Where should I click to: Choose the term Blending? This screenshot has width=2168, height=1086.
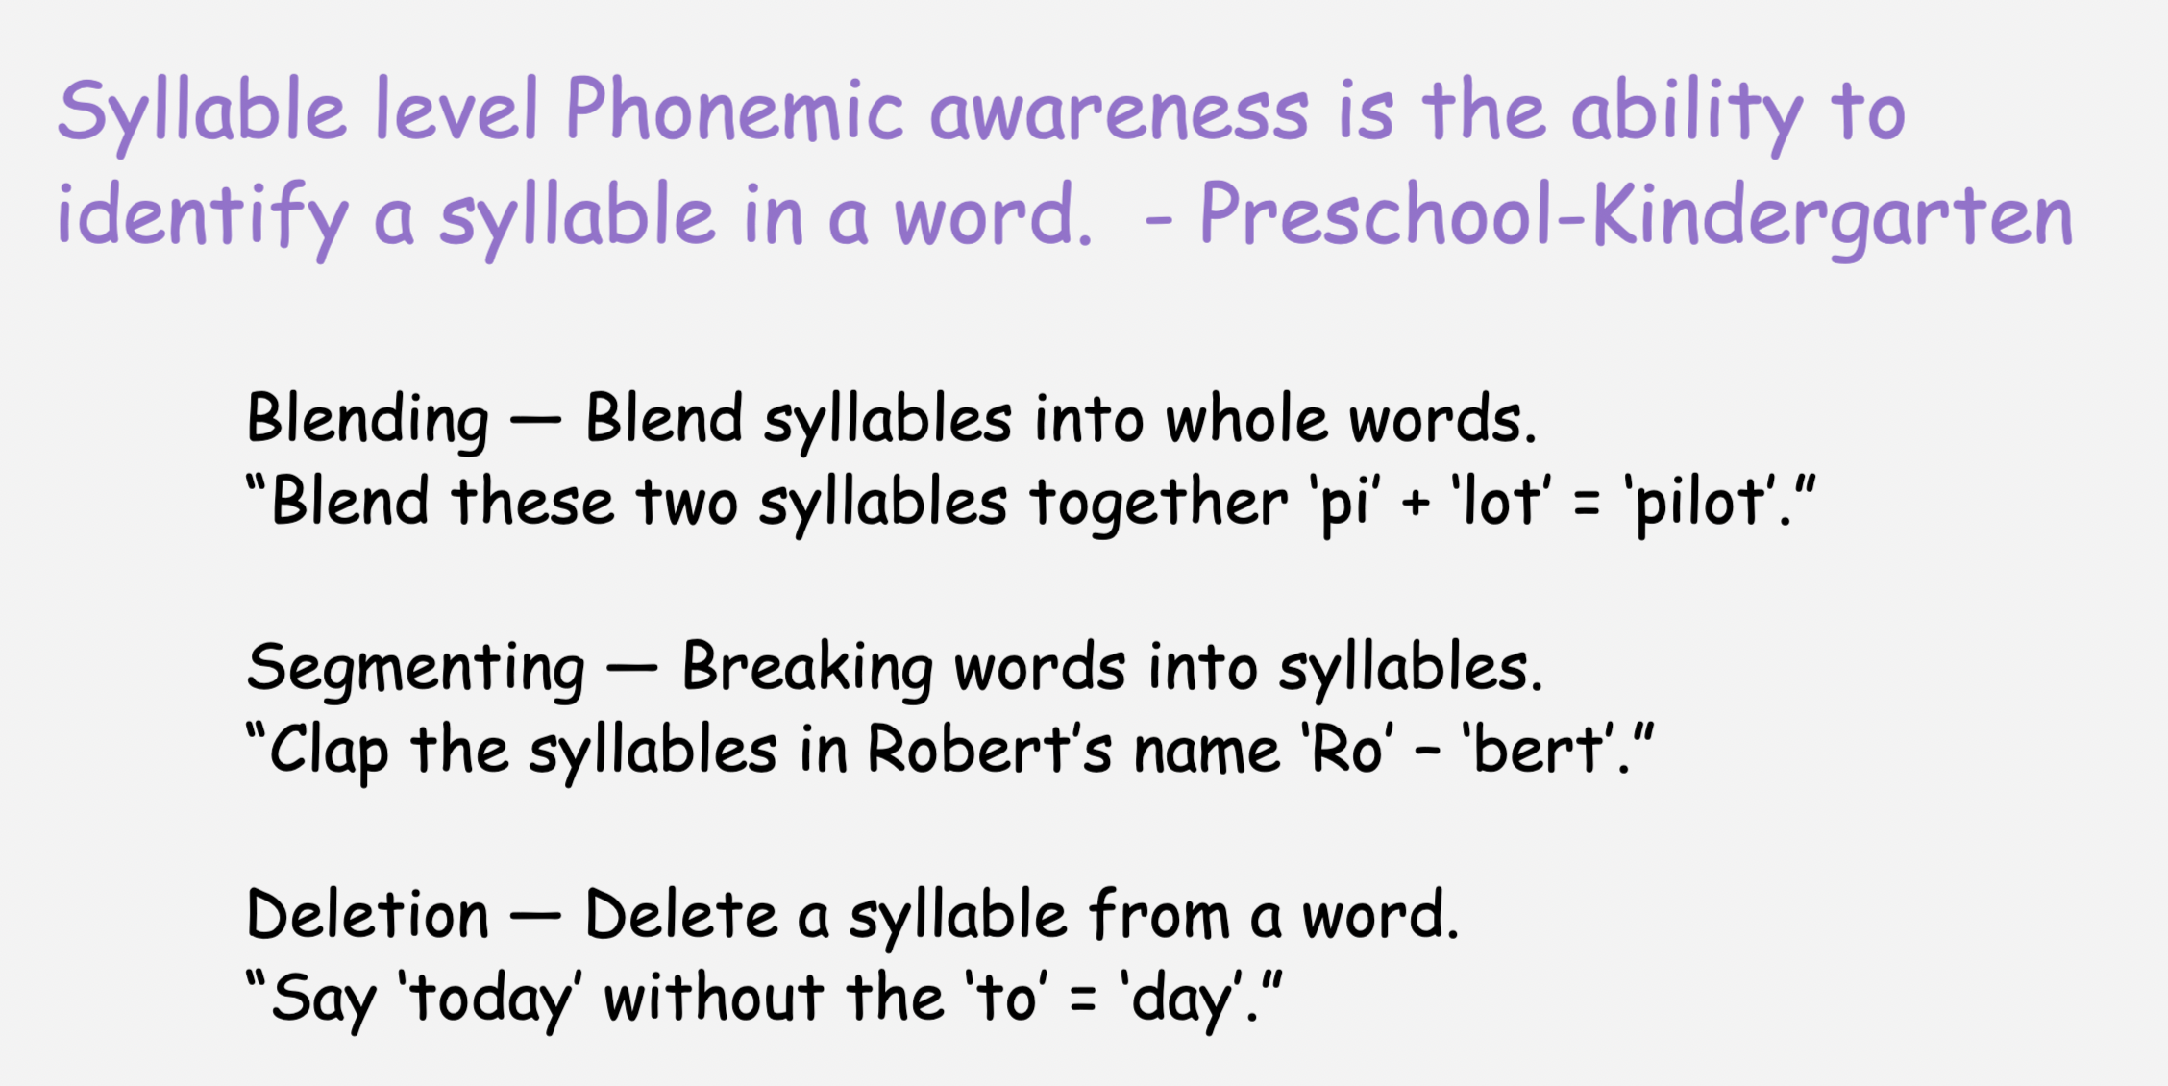click(x=368, y=421)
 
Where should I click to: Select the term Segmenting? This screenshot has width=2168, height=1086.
click(x=415, y=669)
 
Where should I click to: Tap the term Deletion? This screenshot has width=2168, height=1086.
click(x=368, y=915)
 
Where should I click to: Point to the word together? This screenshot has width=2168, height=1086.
click(x=1158, y=504)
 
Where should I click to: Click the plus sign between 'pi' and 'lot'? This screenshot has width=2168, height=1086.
click(x=1416, y=504)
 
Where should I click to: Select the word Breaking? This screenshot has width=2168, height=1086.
click(x=807, y=669)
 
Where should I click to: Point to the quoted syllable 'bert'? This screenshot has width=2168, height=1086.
click(x=1539, y=750)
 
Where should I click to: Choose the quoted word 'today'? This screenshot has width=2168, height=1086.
click(x=490, y=1000)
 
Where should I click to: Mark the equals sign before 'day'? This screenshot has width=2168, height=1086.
click(x=1083, y=1000)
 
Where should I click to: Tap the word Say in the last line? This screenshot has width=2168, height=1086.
click(x=323, y=1000)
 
